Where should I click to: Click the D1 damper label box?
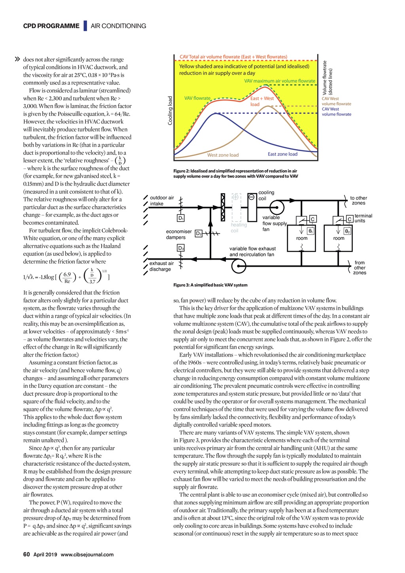point(181,218)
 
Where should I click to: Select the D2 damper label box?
point(199,233)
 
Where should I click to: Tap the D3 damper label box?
point(181,248)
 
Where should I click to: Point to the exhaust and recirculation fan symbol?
point(238,267)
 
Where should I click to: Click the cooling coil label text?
point(266,195)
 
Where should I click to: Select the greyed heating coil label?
point(239,228)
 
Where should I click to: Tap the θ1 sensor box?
point(310,231)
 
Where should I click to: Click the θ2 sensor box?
point(347,231)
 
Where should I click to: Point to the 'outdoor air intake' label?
point(162,201)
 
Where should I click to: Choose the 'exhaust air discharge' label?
point(161,266)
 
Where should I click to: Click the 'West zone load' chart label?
point(223,155)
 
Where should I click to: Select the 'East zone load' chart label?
point(282,154)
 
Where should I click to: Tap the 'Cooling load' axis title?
point(170,111)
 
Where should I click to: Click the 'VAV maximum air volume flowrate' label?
point(280,81)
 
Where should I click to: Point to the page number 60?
point(26,554)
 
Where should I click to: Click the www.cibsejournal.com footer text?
point(87,554)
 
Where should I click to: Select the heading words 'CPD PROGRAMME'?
point(51,26)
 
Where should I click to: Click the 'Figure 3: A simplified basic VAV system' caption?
point(210,285)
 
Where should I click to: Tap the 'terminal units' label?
point(363,218)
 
